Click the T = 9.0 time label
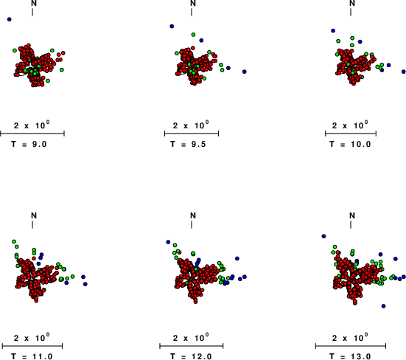tap(29, 144)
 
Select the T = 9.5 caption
tap(188, 144)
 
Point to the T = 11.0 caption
tap(32, 356)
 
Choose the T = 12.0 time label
tap(192, 356)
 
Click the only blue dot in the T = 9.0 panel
tap(10, 19)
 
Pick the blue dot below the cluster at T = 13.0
tap(383, 306)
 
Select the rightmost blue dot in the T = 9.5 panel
tap(245, 72)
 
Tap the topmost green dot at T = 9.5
tap(193, 35)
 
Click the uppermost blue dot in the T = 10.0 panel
tap(333, 30)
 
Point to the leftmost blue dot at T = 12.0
tap(168, 242)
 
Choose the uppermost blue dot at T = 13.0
tap(323, 236)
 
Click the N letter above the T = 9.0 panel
tap(34, 3)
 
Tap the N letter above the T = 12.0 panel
tap(193, 215)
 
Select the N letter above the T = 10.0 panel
tap(352, 3)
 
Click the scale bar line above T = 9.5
tap(192, 134)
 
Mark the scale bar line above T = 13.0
tap(351, 346)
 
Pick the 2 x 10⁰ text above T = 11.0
tap(32, 338)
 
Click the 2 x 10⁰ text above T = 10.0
tap(350, 125)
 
